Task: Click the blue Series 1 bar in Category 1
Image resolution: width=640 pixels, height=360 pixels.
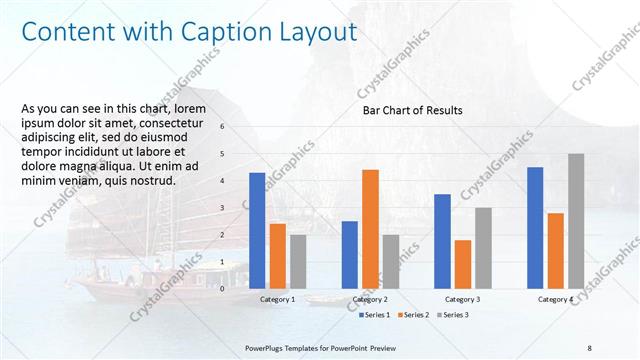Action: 257,230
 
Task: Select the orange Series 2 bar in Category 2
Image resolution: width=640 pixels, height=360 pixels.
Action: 370,228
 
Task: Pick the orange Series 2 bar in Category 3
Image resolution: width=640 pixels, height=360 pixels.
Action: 462,264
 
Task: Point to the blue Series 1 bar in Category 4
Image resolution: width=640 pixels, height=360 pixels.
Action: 535,227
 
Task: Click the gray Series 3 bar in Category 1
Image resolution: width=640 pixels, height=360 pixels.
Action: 298,261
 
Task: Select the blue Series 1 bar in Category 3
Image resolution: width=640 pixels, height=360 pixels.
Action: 442,241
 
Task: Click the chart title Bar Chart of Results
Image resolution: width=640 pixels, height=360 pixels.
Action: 412,111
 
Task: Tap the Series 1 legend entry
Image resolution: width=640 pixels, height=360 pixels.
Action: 375,315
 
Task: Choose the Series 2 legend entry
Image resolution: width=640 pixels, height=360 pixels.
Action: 414,315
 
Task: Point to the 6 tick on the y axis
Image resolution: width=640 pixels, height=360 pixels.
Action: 222,127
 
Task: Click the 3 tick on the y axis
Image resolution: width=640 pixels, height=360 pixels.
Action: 222,208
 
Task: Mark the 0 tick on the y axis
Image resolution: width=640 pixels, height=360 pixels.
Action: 222,289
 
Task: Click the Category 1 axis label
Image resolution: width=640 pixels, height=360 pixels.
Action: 277,299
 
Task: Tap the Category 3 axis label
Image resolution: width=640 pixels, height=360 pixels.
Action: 462,299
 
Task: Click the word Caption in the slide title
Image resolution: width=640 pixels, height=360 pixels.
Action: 224,32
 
